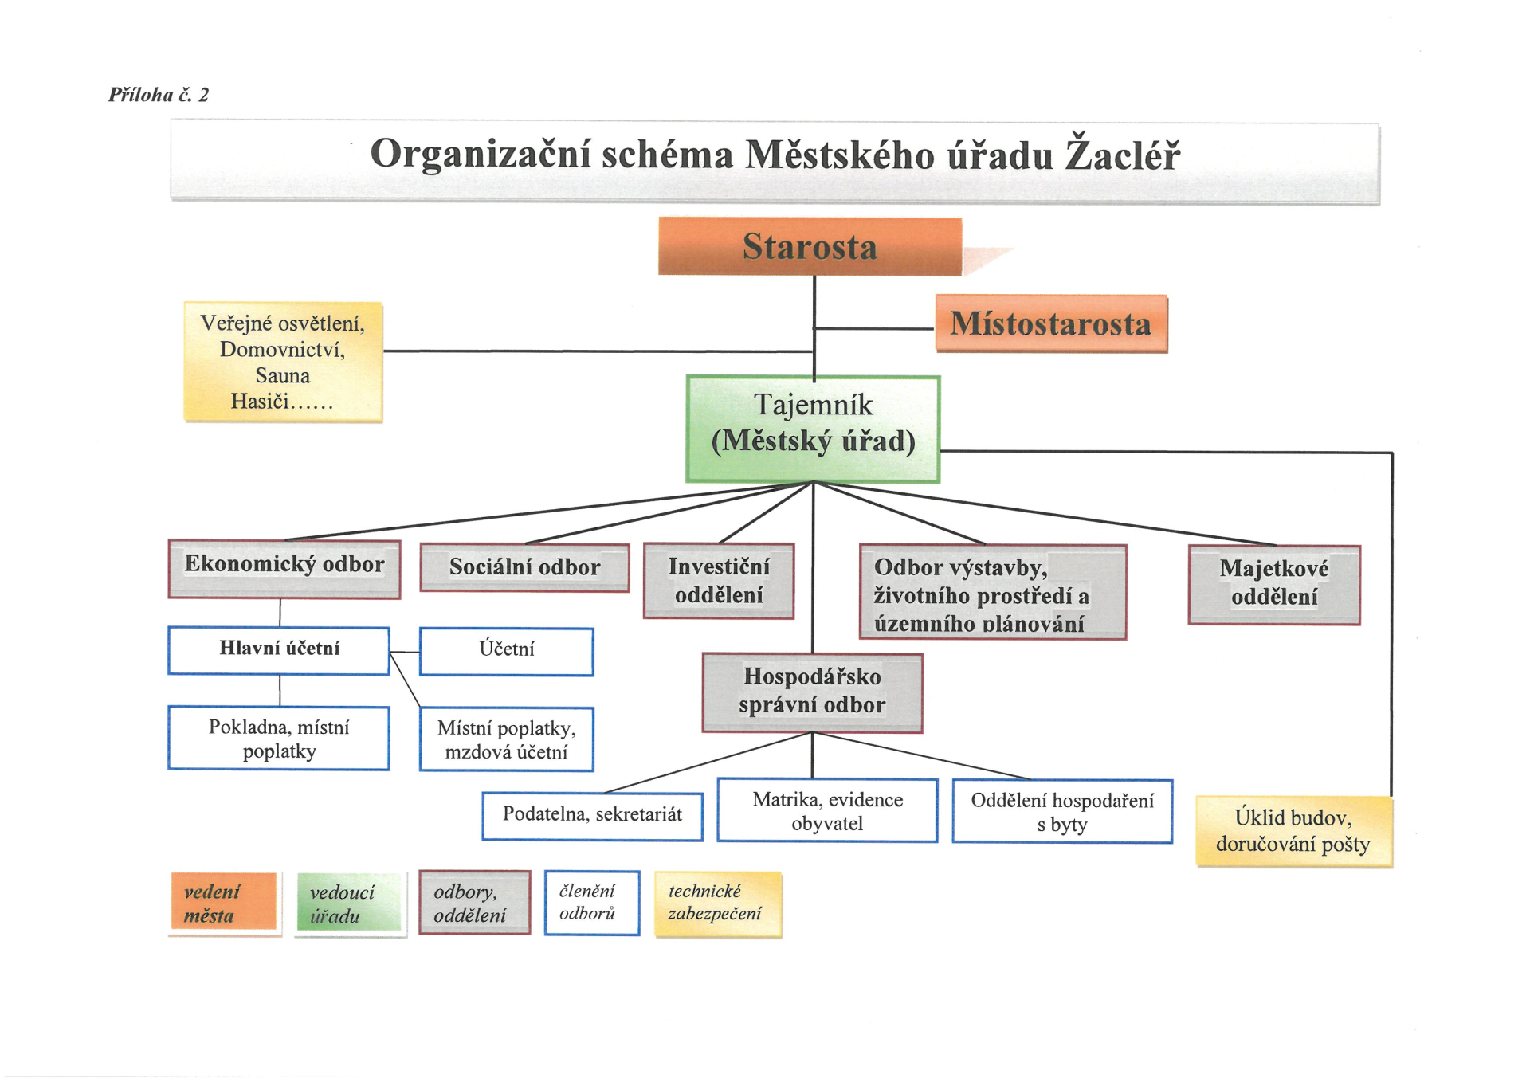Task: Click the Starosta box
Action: click(x=810, y=246)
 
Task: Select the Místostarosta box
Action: click(x=1051, y=323)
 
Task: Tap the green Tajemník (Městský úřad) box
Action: click(x=813, y=429)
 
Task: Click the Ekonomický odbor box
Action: click(x=284, y=569)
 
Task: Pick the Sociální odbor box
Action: click(x=524, y=567)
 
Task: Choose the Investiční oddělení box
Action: click(x=719, y=581)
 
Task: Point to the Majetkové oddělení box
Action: click(x=1274, y=585)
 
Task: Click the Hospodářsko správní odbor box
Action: click(x=812, y=693)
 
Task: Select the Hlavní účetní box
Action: click(x=279, y=651)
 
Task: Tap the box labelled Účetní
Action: click(x=507, y=652)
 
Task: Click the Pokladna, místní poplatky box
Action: click(x=279, y=739)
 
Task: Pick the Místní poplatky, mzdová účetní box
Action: click(x=507, y=739)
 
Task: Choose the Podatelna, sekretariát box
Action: click(x=593, y=816)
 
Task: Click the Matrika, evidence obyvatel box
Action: click(x=827, y=811)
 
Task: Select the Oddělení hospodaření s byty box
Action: click(x=1062, y=812)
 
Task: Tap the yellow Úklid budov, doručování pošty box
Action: click(x=1294, y=832)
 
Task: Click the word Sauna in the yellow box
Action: click(x=283, y=375)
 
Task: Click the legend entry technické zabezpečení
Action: click(x=718, y=904)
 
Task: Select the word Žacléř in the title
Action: click(x=1123, y=155)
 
